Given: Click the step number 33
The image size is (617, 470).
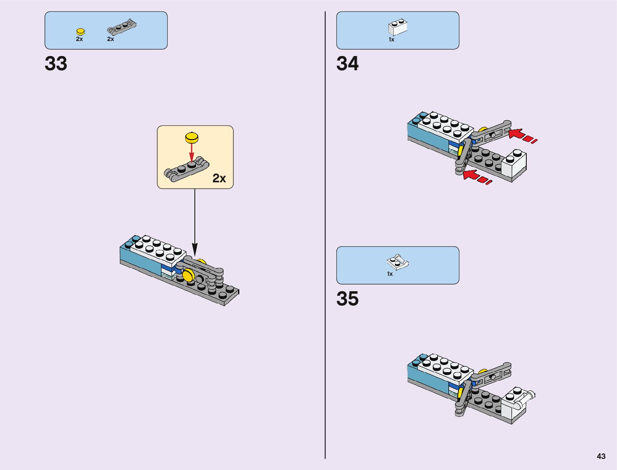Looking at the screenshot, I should (56, 64).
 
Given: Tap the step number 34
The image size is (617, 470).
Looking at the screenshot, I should (347, 64).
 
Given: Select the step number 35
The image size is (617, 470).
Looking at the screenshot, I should (347, 299).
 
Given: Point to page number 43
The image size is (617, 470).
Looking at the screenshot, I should (601, 456).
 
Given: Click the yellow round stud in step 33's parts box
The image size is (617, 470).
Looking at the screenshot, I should (80, 32).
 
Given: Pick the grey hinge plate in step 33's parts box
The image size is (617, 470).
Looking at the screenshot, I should (121, 28).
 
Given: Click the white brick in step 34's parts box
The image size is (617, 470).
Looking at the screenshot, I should (397, 27).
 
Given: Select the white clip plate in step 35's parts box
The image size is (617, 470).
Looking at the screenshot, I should (397, 262).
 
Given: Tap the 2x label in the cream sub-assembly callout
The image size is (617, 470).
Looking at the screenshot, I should (219, 178).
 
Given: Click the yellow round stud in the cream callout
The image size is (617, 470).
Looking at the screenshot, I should (192, 138).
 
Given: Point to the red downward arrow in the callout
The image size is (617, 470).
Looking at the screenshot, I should (192, 151).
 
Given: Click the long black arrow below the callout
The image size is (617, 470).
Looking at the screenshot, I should (194, 221).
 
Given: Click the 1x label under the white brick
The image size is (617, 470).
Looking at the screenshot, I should (391, 39).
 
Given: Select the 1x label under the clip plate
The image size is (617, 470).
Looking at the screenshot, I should (390, 274).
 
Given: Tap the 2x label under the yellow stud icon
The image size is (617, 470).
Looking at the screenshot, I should (80, 39).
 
